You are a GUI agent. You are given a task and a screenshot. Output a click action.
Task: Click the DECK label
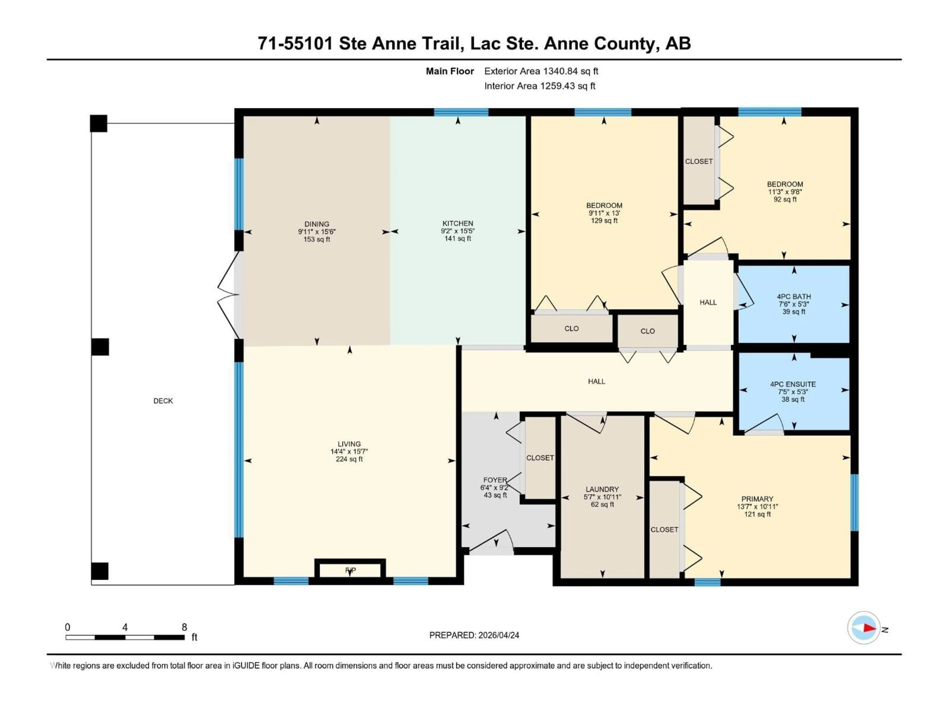(x=163, y=401)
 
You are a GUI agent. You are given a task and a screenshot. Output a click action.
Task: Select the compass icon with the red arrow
(x=864, y=628)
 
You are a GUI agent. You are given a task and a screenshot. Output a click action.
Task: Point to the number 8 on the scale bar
(x=184, y=627)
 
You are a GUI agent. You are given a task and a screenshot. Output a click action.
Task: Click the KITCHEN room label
(x=458, y=223)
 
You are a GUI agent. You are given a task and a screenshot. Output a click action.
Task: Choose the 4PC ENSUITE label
(x=793, y=384)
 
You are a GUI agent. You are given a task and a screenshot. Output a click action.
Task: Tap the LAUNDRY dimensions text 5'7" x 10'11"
(x=602, y=497)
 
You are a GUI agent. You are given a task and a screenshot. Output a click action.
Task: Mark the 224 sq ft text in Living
(x=349, y=459)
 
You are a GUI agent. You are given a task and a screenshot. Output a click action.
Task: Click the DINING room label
(x=317, y=224)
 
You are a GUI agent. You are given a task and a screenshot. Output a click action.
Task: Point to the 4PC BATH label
(x=794, y=297)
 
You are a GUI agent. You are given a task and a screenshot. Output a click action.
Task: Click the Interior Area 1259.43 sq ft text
(x=540, y=86)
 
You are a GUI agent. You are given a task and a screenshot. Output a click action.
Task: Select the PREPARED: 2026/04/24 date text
(x=474, y=635)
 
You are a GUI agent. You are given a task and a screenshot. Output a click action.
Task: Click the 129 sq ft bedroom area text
(x=604, y=221)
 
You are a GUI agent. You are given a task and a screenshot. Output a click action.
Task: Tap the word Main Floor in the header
(x=450, y=71)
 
